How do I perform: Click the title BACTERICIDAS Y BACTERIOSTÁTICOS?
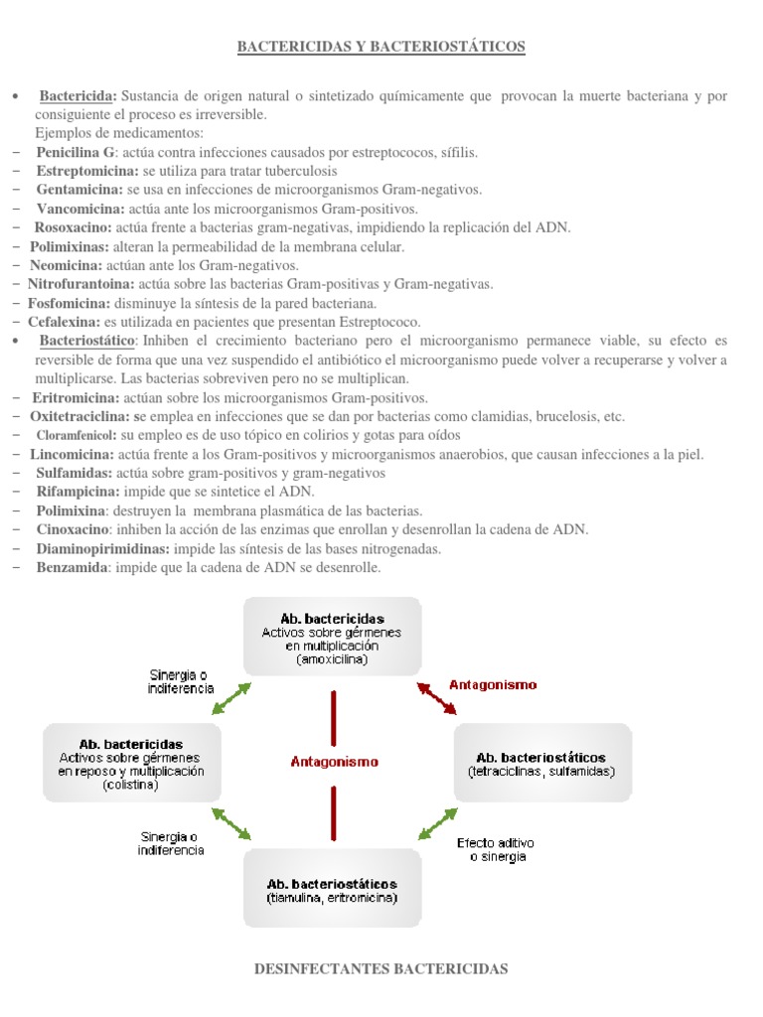(381, 46)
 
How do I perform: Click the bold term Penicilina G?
(76, 152)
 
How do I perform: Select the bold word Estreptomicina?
(82, 171)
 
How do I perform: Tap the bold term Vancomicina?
(80, 209)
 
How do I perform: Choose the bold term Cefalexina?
(64, 322)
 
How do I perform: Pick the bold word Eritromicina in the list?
(75, 397)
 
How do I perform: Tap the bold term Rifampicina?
(77, 492)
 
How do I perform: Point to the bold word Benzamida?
(73, 567)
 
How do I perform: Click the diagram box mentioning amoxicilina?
(332, 637)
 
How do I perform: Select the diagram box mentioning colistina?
(130, 763)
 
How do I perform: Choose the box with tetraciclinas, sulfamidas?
(541, 763)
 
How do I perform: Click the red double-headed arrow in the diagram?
(437, 697)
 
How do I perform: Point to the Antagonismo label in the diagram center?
(334, 762)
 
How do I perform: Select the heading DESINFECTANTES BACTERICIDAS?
(381, 968)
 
